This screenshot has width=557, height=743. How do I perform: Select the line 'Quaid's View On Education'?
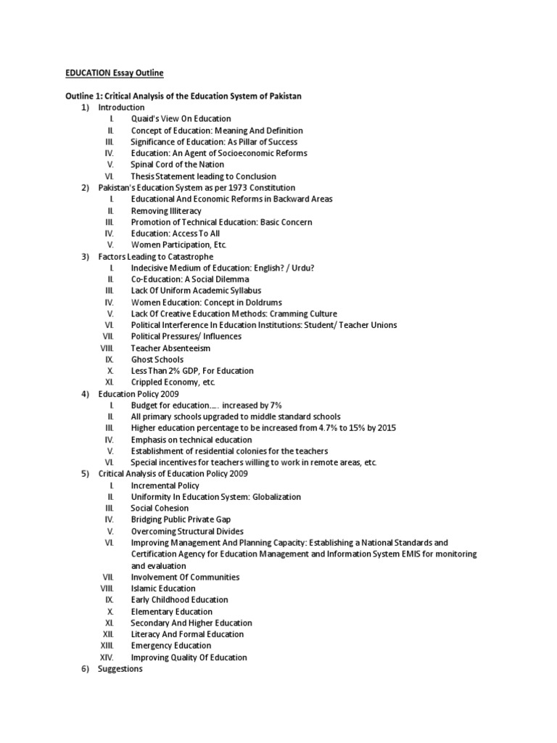[181, 119]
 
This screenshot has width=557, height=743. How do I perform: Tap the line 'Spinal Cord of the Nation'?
[177, 165]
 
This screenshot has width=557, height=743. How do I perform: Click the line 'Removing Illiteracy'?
[166, 210]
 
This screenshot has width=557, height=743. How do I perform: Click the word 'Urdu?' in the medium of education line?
[302, 268]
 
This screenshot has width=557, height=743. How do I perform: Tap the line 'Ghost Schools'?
[157, 359]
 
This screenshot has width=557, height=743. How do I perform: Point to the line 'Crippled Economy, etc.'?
[173, 382]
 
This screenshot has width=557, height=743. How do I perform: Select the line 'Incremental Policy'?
[165, 485]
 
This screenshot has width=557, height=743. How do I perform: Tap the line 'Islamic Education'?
[163, 588]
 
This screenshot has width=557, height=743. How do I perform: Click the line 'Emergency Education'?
[171, 646]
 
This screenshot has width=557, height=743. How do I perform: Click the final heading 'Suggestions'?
[120, 669]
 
